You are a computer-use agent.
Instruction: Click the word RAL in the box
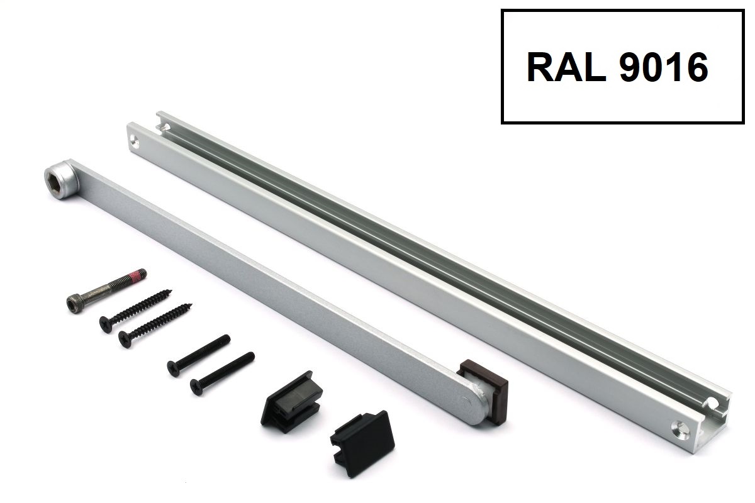click(x=566, y=67)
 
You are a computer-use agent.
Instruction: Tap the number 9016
click(x=664, y=67)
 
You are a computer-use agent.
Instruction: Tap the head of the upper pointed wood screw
click(x=106, y=324)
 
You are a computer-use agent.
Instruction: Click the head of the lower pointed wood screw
click(x=125, y=339)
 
